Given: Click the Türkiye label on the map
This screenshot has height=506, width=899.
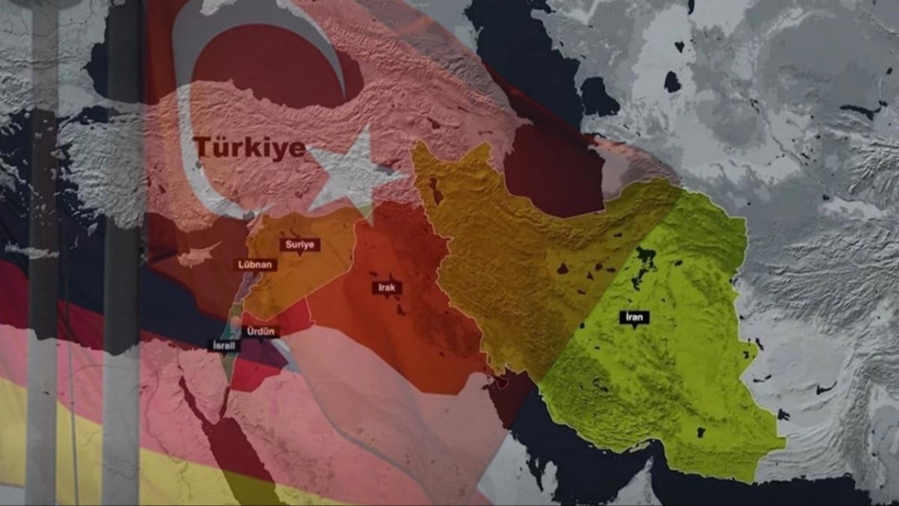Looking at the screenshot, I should point(249,148).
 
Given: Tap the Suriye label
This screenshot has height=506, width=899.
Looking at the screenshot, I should point(300,245).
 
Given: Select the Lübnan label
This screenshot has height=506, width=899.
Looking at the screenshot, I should point(256,265).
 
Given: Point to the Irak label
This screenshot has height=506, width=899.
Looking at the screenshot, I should point(387,287).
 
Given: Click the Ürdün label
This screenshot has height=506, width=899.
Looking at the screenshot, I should point(263,331).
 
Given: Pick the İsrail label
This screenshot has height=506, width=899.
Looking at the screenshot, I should point(227,345).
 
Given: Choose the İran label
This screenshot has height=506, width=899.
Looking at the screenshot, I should point(634,317).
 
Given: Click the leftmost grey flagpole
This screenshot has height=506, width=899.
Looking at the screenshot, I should point(42,281).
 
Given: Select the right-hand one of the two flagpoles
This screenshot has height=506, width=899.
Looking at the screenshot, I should point(123,281).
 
